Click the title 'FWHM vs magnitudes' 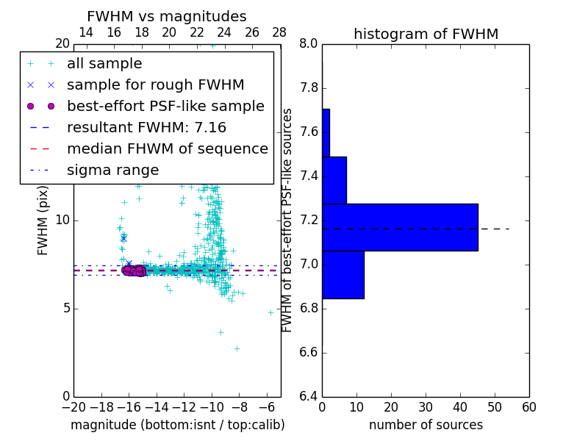click(x=166, y=16)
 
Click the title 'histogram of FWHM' click(x=426, y=34)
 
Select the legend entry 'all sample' click(x=104, y=64)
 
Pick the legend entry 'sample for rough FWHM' click(x=155, y=85)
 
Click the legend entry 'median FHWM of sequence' click(x=167, y=148)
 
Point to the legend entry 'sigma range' click(x=112, y=170)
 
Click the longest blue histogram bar click(x=400, y=227)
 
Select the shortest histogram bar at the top click(x=326, y=132)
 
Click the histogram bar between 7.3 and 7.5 click(x=334, y=180)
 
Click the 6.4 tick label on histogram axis click(x=308, y=396)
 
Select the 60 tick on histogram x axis click(x=528, y=406)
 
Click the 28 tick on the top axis click(x=279, y=32)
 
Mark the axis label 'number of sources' click(x=426, y=425)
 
